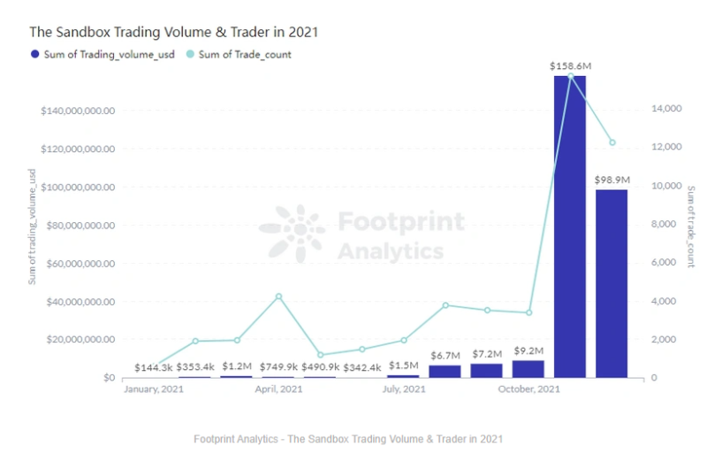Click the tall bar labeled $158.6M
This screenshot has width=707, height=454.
tap(570, 227)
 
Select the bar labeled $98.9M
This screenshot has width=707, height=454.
tap(612, 283)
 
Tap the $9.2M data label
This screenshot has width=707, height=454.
tap(528, 354)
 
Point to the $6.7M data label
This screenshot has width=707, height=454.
tap(445, 356)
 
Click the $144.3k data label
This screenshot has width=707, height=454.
tap(153, 367)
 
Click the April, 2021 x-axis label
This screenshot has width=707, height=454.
tap(278, 389)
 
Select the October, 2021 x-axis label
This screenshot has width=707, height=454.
tap(528, 389)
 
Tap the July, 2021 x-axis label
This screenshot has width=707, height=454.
tap(404, 389)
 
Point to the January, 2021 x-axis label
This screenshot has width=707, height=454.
tap(153, 389)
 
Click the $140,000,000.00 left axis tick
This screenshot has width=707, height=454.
tap(78, 112)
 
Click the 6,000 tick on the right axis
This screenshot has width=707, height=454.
tap(669, 263)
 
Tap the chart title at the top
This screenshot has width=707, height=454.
tap(173, 31)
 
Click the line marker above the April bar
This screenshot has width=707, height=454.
tap(278, 296)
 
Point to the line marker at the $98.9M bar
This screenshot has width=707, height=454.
tap(612, 142)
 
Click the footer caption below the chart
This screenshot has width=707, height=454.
tap(348, 439)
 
